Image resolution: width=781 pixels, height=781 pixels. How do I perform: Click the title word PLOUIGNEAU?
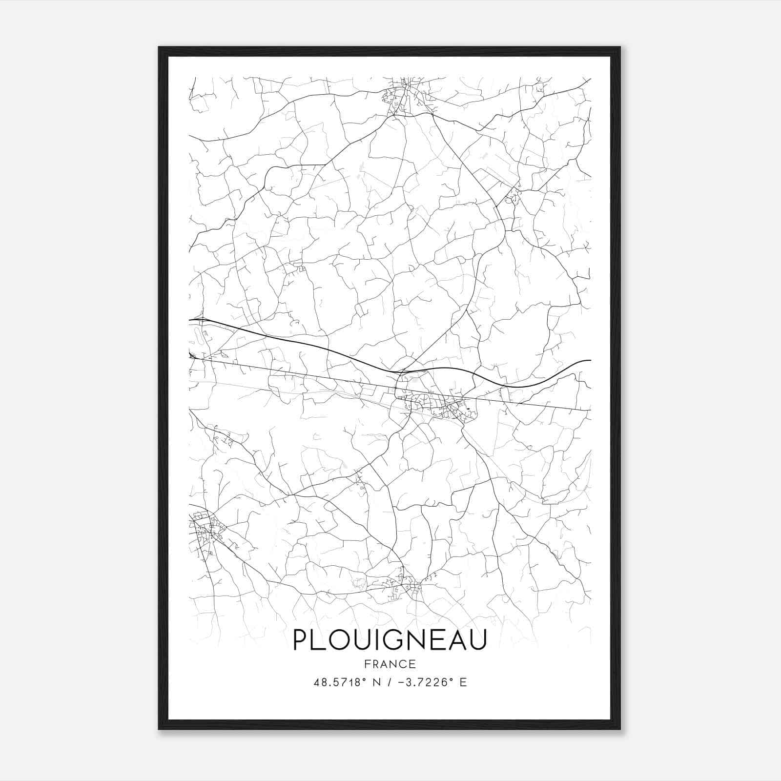click(390, 640)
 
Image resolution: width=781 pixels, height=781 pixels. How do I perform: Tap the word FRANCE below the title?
click(390, 664)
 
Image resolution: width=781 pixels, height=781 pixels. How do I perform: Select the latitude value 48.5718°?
click(340, 682)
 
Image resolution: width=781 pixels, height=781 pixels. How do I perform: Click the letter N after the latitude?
click(376, 682)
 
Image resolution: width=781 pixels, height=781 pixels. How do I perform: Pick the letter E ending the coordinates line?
click(463, 682)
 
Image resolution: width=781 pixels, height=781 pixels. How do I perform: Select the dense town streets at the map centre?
click(434, 403)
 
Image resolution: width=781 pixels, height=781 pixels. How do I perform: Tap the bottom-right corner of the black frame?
click(619, 728)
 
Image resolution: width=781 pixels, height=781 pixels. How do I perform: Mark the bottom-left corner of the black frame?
click(160, 728)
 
